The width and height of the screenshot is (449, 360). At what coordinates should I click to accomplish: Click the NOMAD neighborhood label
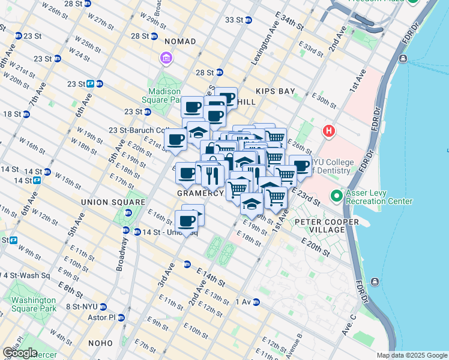(x=179, y=41)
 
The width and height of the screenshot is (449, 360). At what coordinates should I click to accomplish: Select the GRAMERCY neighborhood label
(x=200, y=194)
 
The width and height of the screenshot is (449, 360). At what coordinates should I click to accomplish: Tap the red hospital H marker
(x=328, y=130)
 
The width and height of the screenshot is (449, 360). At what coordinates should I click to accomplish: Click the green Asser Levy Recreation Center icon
(x=337, y=196)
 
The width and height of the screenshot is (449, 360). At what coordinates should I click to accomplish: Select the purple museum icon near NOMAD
(x=166, y=58)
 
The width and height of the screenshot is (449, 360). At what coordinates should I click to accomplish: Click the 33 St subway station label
(x=234, y=20)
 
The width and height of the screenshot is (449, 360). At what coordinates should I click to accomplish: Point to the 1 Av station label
(x=243, y=302)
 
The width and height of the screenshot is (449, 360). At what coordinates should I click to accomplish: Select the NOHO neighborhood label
(x=99, y=343)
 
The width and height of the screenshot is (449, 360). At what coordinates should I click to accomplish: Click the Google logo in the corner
(x=20, y=353)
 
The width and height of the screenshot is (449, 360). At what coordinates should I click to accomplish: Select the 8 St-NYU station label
(x=81, y=306)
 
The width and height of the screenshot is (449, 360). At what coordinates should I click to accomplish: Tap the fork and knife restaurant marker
(x=210, y=175)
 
